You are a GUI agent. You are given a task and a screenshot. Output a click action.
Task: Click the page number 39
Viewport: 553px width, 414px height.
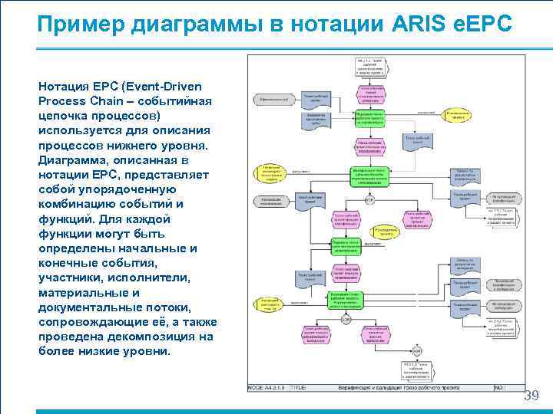tap(531, 396)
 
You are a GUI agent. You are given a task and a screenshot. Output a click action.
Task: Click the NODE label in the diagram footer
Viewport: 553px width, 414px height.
tap(257, 389)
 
